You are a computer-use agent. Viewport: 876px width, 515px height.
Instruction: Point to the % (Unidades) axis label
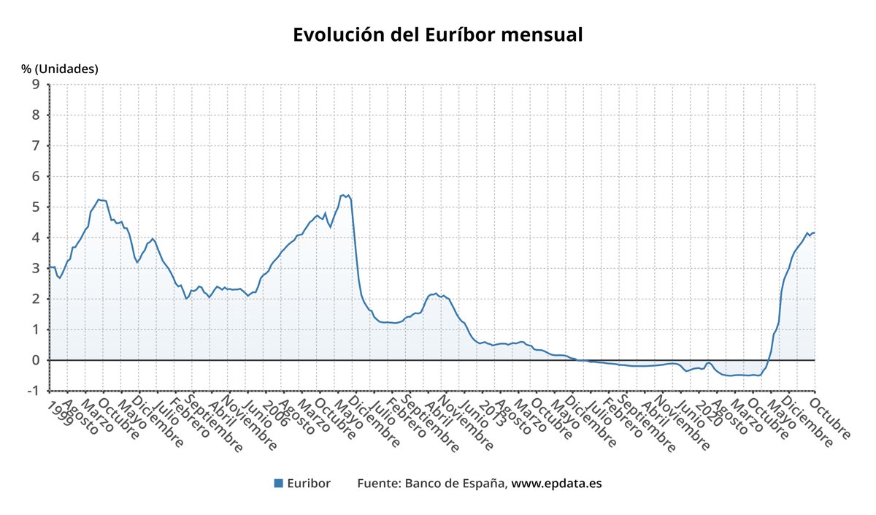tap(60, 69)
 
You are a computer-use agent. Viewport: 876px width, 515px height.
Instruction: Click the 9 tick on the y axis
tap(35, 84)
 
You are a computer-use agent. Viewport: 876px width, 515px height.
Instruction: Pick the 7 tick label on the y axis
tap(35, 145)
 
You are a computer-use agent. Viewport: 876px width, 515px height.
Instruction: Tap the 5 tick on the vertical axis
tap(35, 207)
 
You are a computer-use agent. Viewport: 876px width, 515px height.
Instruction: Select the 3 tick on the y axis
tap(35, 268)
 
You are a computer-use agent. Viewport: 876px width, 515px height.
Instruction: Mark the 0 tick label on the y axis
tap(35, 360)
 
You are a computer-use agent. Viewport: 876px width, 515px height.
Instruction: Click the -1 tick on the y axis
tap(32, 391)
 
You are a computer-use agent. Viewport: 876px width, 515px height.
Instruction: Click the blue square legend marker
tap(278, 483)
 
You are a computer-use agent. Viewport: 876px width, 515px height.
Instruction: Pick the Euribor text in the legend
tap(309, 483)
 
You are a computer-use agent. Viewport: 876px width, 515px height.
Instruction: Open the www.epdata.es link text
tap(556, 483)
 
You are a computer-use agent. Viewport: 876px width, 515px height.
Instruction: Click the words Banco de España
tap(455, 483)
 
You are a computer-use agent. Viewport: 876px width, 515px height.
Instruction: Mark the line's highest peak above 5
tap(343, 195)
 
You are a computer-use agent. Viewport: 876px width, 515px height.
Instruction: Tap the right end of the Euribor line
tap(814, 232)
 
